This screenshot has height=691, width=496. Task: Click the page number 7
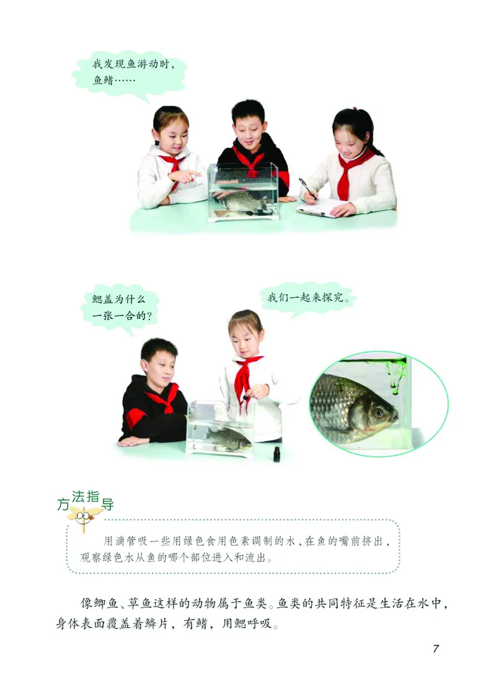(436, 648)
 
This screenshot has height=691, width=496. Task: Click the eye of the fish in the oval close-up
(378, 411)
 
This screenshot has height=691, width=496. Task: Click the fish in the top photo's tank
(242, 200)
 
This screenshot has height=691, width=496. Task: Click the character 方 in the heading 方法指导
(62, 505)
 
